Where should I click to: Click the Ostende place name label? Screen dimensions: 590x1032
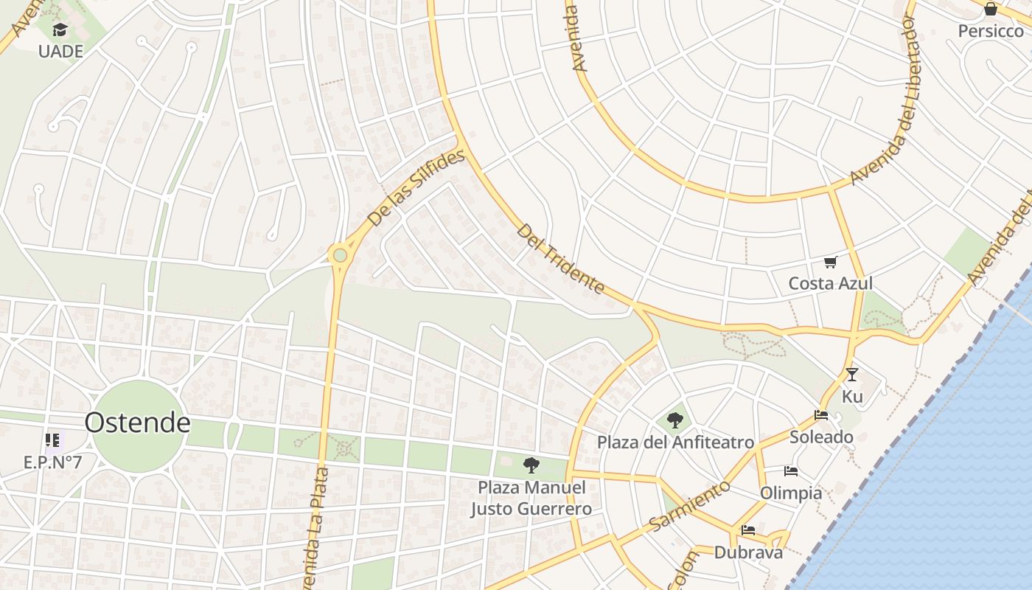point(137,423)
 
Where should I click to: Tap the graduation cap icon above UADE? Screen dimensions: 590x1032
point(60,30)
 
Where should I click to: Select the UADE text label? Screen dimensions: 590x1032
point(60,52)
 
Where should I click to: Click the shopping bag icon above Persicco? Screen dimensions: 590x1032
point(991,9)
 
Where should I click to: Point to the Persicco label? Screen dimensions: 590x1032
point(991,31)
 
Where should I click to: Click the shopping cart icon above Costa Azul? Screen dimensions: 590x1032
point(831,262)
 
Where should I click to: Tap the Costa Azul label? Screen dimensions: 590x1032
point(831,283)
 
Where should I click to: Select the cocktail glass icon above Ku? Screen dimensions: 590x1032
point(852,375)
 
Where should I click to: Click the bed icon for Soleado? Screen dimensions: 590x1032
point(821,415)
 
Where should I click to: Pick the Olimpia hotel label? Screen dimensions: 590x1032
point(791,493)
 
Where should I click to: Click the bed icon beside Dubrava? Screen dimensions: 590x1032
point(748,530)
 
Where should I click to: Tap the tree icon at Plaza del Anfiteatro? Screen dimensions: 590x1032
point(674,420)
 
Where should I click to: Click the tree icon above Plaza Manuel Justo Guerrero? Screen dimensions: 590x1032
point(531,465)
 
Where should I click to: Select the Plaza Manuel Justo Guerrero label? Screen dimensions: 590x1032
point(531,499)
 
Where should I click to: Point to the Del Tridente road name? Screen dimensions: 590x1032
point(560,259)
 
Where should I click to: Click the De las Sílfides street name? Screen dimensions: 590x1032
point(416,188)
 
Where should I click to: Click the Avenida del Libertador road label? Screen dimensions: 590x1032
point(883,100)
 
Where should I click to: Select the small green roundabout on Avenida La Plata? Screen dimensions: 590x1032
point(340,255)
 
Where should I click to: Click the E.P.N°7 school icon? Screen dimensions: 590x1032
point(52,440)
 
